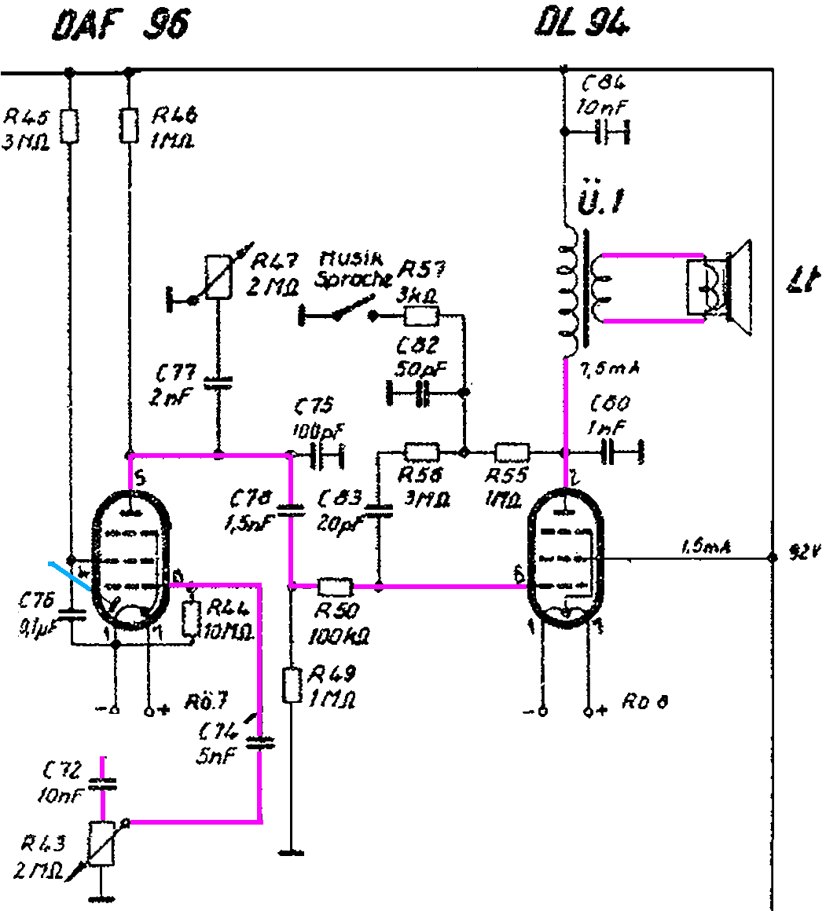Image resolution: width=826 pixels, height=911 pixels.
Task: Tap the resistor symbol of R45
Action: [70, 126]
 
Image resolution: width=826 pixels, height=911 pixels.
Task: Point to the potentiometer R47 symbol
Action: [218, 277]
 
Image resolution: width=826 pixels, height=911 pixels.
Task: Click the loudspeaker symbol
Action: [719, 286]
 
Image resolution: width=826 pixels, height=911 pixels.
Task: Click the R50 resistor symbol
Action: [336, 586]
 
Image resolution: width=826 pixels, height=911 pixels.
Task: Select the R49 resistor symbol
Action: [292, 684]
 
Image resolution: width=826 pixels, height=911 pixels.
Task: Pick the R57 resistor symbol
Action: [422, 316]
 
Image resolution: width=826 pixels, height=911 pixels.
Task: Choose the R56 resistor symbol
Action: [421, 452]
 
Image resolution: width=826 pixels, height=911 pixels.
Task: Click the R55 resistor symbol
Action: [512, 452]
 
